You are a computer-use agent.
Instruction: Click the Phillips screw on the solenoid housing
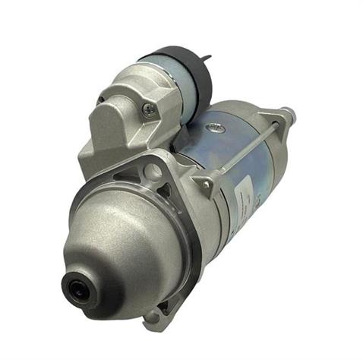[x=150, y=109]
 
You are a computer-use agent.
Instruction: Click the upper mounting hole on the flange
[x=156, y=172]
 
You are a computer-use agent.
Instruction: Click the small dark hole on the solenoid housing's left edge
[x=99, y=99]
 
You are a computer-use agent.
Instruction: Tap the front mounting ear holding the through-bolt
[x=204, y=185]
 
